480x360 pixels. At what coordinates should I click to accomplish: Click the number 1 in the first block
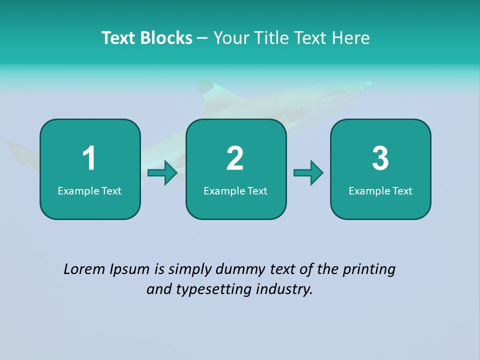coord(89,158)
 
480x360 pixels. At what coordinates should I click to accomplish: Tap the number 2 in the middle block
coord(235,158)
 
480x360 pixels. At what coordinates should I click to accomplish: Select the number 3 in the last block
coord(380,158)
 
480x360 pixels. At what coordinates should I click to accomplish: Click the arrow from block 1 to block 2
coord(163,173)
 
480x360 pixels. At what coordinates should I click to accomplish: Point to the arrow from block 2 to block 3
coord(308,173)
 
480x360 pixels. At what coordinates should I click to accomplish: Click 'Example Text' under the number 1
coord(89,191)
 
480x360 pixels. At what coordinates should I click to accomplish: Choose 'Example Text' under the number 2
coord(235,191)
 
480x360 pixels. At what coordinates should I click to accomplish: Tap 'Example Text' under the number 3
coord(380,191)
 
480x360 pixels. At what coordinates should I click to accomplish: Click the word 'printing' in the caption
coord(369,270)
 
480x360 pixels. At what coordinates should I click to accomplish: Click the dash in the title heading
coord(202,38)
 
